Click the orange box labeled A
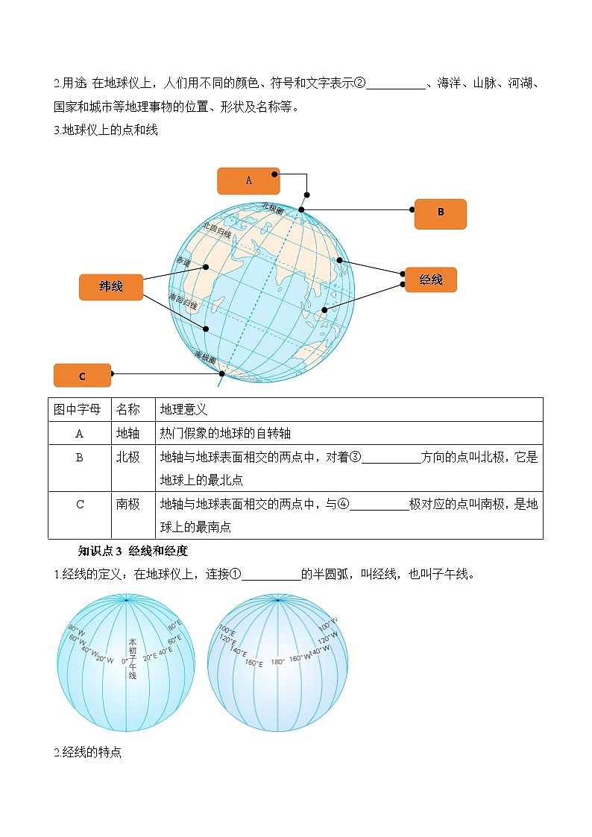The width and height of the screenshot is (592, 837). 248,180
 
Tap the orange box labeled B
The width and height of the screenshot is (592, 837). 440,212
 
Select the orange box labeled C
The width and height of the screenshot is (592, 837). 82,376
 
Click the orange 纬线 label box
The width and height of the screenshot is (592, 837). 110,286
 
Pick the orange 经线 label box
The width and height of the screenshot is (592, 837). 430,279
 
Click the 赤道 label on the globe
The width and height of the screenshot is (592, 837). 183,262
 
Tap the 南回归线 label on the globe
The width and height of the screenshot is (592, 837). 183,302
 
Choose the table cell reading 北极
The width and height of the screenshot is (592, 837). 128,458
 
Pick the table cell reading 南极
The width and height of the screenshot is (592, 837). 128,505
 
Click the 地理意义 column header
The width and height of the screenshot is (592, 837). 183,409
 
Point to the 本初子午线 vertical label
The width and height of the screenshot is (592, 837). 132,658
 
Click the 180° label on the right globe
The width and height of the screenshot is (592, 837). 277,661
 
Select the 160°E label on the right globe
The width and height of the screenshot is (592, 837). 254,662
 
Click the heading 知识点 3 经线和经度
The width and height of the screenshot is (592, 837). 133,551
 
